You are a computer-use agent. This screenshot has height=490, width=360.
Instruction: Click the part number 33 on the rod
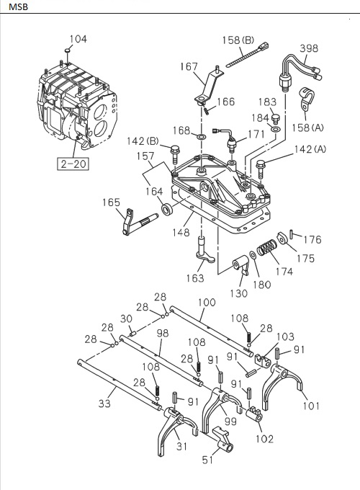[105, 404]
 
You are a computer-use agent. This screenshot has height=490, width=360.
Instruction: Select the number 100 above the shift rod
[206, 304]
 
